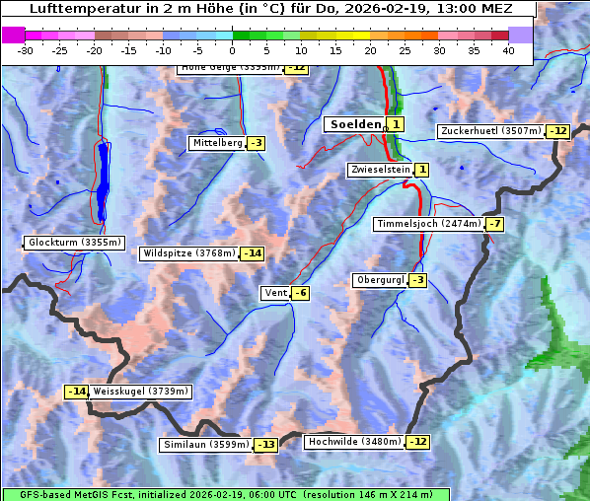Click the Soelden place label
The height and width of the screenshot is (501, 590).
point(353,124)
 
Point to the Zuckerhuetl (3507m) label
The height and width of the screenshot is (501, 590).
point(491,131)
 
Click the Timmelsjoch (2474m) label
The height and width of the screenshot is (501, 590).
point(429,224)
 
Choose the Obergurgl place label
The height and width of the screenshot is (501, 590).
point(379,280)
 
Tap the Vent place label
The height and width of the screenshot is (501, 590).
point(274,293)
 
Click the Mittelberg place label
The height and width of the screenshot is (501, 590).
point(217,143)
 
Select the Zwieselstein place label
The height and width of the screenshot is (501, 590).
point(379,171)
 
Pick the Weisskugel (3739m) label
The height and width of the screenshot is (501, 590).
point(140,392)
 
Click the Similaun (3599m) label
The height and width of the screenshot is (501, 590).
point(205,445)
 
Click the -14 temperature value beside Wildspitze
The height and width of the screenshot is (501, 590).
point(254,253)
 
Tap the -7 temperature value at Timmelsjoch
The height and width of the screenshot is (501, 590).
point(494,224)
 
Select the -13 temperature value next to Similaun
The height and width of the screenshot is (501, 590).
point(266,445)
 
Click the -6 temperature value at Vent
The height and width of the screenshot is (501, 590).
point(300,293)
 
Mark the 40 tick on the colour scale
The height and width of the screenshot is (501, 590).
point(508,49)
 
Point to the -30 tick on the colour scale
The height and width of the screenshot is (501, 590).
point(26,49)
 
